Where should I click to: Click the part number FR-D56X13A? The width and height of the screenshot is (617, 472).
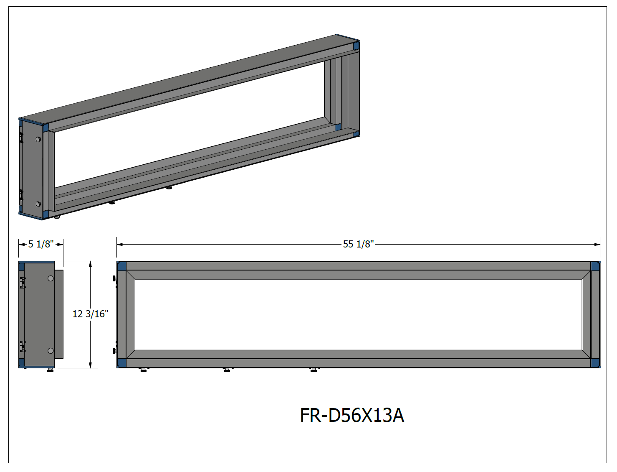click(352, 416)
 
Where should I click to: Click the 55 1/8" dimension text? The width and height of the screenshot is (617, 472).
click(358, 244)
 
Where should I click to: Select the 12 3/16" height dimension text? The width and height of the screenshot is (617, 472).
click(91, 314)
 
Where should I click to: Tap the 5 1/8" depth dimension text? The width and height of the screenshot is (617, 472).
click(40, 244)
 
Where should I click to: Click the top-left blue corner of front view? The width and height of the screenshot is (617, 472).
click(121, 266)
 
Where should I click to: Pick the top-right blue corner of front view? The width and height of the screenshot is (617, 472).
click(595, 266)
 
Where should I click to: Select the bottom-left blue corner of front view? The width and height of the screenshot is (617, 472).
click(121, 362)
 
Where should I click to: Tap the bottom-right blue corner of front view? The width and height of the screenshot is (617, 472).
click(595, 362)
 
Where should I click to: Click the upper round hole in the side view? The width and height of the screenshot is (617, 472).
click(51, 278)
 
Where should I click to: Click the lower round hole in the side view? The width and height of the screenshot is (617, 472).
click(51, 351)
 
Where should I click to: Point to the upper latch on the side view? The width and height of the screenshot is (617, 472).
click(22, 283)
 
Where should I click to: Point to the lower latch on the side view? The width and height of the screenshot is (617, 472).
click(22, 346)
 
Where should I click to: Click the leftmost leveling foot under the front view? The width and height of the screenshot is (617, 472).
click(144, 370)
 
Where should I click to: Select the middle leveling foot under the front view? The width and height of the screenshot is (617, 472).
click(227, 370)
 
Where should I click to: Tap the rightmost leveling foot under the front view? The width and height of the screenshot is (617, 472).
click(314, 370)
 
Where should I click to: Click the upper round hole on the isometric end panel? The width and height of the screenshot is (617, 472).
click(38, 139)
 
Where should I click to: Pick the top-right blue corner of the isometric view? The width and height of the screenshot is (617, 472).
click(356, 45)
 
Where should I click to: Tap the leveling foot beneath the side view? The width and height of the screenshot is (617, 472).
click(51, 370)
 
